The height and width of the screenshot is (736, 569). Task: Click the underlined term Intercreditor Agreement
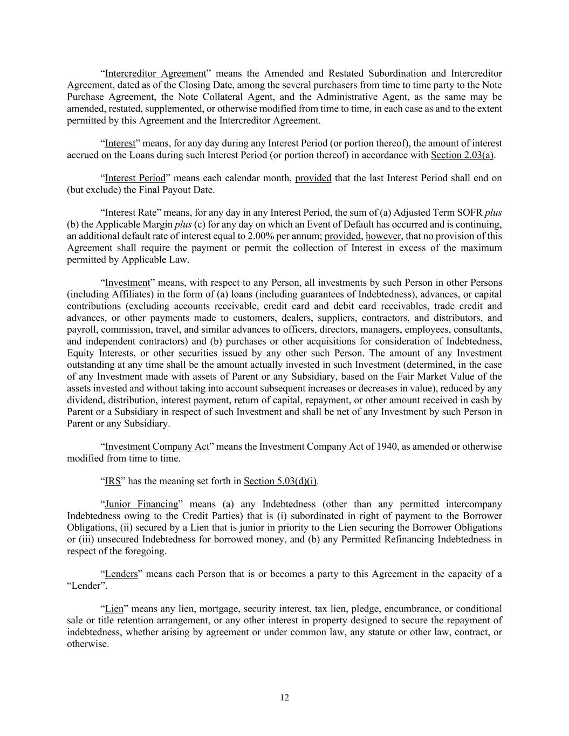tap(155, 73)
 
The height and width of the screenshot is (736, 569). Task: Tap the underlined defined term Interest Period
tap(135, 178)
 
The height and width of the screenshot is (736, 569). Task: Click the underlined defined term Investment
tap(127, 283)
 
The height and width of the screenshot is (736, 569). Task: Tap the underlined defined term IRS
tap(112, 481)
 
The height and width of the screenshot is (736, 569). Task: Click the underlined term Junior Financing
tap(141, 504)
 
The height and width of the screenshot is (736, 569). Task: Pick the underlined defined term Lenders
tap(121, 574)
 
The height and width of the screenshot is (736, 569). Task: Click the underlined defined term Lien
tap(114, 609)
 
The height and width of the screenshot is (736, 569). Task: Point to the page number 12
tap(284, 698)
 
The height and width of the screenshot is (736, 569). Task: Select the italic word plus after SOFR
tap(493, 212)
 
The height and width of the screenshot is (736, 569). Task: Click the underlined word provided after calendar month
tap(313, 178)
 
